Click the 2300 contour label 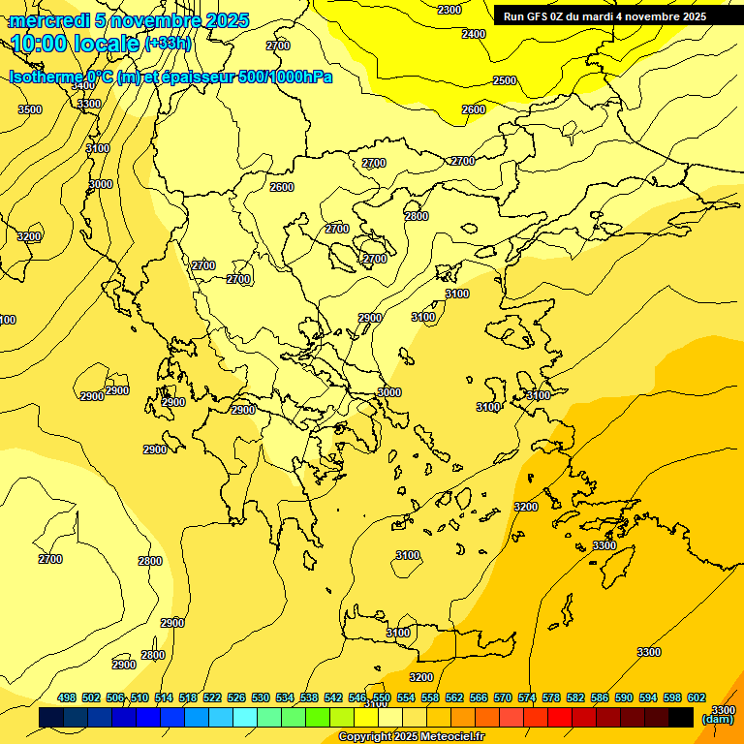tap(449, 10)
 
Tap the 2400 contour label tap(474, 34)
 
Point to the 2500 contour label tap(505, 80)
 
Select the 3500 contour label tap(30, 109)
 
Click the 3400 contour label tap(83, 85)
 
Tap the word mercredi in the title tap(50, 20)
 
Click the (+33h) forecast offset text tap(168, 44)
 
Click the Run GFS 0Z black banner tap(604, 16)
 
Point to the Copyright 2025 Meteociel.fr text tap(411, 737)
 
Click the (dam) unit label tap(717, 719)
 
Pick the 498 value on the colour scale tap(67, 697)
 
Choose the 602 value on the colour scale tap(696, 697)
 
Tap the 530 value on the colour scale tap(261, 697)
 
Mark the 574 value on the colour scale tap(527, 697)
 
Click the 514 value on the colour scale tap(164, 697)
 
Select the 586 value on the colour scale tap(600, 697)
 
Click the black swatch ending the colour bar tap(681, 717)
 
